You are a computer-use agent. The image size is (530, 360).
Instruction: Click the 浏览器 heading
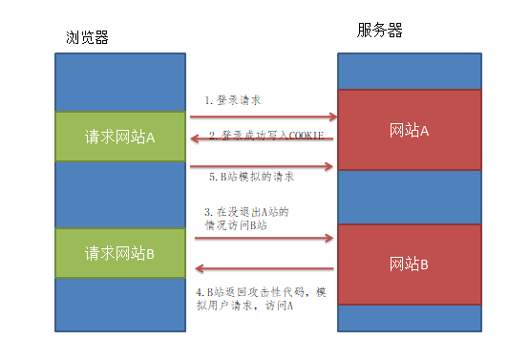coord(87,37)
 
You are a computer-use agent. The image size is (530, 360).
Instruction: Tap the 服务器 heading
coord(380,31)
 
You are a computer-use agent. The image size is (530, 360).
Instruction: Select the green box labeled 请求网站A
coord(120,137)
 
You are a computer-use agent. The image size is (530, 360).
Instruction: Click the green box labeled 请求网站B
coord(120,253)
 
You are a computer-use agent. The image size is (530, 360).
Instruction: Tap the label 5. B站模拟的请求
coord(250,177)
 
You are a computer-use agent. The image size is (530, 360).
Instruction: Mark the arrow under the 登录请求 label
coord(262,117)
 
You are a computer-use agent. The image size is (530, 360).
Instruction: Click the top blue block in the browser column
coord(120,82)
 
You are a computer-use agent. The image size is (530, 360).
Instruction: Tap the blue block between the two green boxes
coord(120,195)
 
